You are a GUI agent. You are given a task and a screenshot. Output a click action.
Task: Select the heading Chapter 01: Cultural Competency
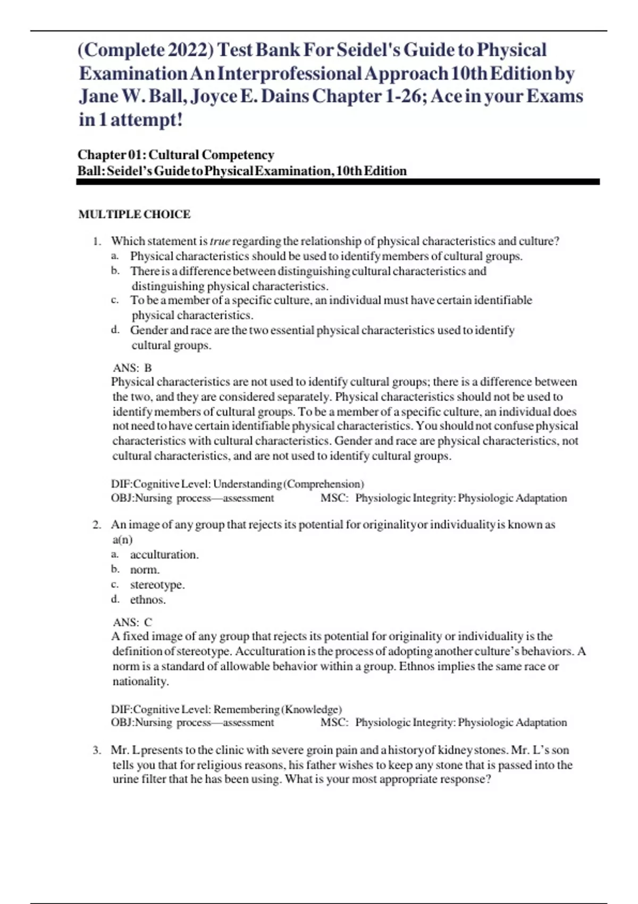tap(175, 155)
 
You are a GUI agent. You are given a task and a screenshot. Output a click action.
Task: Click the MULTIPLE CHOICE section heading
tap(134, 214)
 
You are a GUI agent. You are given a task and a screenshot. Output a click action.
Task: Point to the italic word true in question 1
tap(220, 241)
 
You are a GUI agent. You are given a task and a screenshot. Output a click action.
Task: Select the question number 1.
tap(96, 241)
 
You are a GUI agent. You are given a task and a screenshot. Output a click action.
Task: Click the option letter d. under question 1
tap(115, 330)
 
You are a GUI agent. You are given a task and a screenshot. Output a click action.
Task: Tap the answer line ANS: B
tap(132, 368)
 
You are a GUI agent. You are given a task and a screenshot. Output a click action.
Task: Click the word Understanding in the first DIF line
tap(247, 484)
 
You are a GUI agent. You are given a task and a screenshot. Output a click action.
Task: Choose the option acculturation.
tap(164, 555)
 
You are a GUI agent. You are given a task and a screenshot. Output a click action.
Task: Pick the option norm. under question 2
tap(145, 570)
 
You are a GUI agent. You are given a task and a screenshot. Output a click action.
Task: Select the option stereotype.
tap(157, 584)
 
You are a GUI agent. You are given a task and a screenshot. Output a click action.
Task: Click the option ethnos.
tap(148, 600)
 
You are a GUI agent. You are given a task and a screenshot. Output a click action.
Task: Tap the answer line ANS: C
tap(132, 622)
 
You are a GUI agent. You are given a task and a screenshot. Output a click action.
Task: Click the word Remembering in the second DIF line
tap(246, 709)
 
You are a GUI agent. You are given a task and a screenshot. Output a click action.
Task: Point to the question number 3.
tap(96, 750)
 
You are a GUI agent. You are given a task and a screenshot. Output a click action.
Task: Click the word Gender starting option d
tap(149, 330)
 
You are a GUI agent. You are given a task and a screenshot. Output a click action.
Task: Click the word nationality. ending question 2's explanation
tap(140, 681)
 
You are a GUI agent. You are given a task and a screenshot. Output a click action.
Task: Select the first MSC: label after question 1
tap(334, 498)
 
